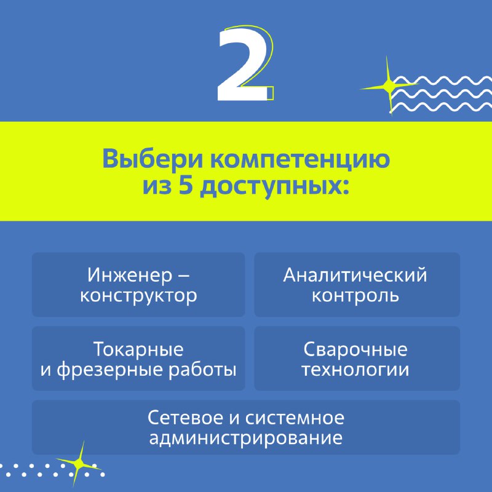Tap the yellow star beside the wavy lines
point(389,85)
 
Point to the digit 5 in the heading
point(186,186)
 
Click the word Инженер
point(130,275)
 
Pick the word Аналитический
point(355,275)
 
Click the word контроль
point(355,296)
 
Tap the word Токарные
point(138,349)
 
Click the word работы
point(203,370)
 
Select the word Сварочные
point(355,349)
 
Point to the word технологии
point(355,370)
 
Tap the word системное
point(295,419)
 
